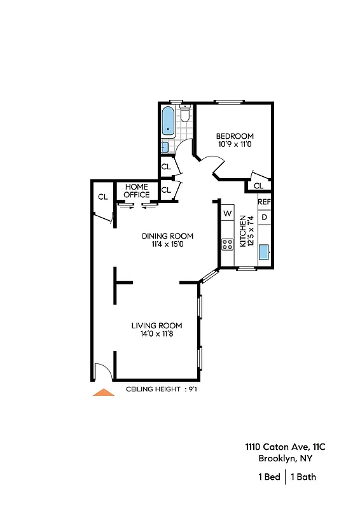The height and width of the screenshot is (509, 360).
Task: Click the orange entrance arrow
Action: (x=104, y=392)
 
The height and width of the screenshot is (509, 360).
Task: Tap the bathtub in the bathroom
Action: (x=169, y=122)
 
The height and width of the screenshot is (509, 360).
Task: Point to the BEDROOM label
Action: (x=235, y=136)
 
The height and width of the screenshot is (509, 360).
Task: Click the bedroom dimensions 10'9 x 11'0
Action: (x=235, y=144)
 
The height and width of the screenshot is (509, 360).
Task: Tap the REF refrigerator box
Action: (x=265, y=202)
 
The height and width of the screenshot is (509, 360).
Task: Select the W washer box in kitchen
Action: (x=227, y=214)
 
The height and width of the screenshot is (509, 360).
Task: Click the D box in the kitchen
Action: (x=265, y=218)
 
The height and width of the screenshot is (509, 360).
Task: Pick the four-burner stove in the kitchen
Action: (x=227, y=244)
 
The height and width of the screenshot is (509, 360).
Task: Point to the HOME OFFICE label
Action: (x=136, y=191)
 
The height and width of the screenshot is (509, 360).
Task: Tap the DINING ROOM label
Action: (x=167, y=236)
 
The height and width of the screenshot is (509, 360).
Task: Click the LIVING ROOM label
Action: (x=157, y=326)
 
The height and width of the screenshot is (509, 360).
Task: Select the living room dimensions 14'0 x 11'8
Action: (x=157, y=334)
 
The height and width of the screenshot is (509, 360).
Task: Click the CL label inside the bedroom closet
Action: (x=258, y=186)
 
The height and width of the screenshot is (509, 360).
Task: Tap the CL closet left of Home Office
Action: (x=102, y=197)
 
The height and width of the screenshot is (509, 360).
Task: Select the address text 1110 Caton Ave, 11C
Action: (x=280, y=447)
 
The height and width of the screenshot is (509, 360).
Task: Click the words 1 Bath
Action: (x=303, y=477)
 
